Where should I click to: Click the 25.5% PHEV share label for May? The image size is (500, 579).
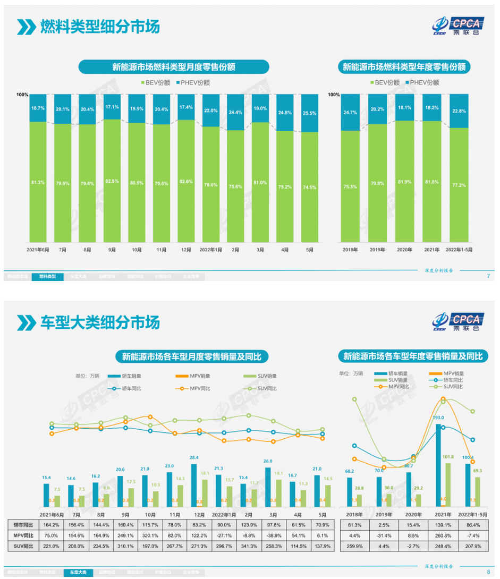(310, 113)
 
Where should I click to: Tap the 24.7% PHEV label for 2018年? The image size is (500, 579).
(350, 113)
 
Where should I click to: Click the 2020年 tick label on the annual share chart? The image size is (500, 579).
(405, 249)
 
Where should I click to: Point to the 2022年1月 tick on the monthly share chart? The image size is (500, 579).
(210, 249)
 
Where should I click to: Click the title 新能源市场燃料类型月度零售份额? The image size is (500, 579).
(174, 67)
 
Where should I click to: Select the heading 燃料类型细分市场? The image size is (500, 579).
(100, 26)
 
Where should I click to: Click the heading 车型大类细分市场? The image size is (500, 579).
(100, 322)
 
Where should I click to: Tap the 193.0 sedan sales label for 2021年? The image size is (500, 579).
(439, 418)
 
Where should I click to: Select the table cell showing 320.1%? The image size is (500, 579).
(150, 535)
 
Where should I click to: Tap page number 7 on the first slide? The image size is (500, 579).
(488, 276)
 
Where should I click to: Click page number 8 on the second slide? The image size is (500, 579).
(488, 572)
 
